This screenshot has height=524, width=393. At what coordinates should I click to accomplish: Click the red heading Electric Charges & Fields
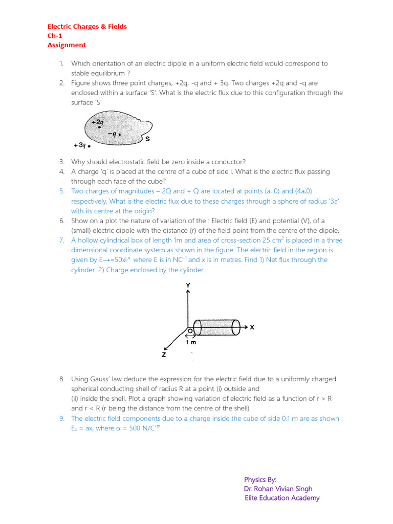(87, 26)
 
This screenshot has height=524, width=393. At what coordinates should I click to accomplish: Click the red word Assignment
(67, 45)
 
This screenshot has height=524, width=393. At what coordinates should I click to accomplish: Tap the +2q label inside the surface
(97, 122)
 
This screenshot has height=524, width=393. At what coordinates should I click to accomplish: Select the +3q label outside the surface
(79, 145)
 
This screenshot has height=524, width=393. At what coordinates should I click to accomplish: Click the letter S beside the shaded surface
(147, 139)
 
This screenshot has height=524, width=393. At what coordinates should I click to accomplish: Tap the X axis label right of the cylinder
(251, 327)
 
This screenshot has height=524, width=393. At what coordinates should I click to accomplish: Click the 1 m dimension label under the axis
(191, 343)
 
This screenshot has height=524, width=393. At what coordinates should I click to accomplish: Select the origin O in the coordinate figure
(189, 331)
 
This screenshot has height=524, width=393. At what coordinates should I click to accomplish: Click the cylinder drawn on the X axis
(217, 327)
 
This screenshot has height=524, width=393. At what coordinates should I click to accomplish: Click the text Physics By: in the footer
(260, 479)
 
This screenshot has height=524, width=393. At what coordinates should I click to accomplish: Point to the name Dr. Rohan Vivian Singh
(278, 489)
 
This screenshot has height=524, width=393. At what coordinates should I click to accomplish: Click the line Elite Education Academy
(282, 498)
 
